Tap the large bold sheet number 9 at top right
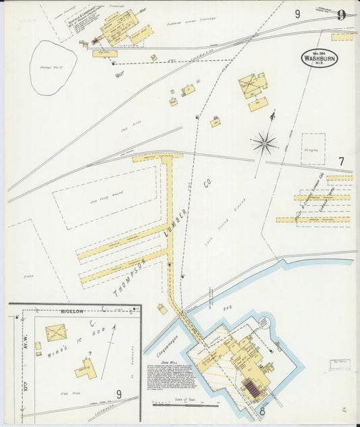click(x=341, y=15)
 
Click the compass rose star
click(x=264, y=143)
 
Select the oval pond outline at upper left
click(x=53, y=66)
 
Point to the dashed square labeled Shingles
click(x=313, y=149)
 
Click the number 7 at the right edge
click(x=341, y=161)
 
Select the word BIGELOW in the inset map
click(x=72, y=311)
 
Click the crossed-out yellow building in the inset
click(x=55, y=333)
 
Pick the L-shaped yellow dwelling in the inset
click(x=86, y=368)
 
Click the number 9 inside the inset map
click(x=118, y=394)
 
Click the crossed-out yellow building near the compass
click(x=252, y=84)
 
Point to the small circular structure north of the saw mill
click(x=277, y=347)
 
